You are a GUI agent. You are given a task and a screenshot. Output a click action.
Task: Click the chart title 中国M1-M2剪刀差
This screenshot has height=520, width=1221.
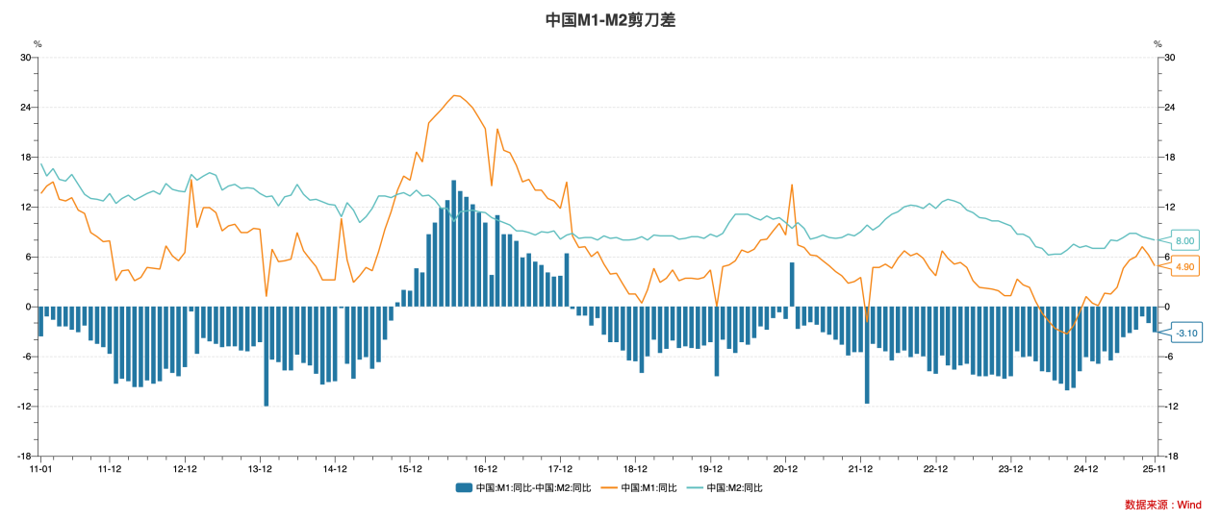click(610, 19)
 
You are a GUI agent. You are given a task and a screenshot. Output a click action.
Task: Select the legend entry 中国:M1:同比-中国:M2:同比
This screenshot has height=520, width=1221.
click(524, 487)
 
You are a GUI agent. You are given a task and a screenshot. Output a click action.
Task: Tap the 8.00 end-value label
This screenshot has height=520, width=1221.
click(1184, 240)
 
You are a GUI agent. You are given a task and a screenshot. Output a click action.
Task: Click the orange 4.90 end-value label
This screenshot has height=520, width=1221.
click(1184, 266)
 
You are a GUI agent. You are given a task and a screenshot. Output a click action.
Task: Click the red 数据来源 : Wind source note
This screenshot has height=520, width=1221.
click(1162, 505)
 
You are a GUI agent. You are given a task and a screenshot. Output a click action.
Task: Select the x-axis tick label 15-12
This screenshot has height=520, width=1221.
click(411, 469)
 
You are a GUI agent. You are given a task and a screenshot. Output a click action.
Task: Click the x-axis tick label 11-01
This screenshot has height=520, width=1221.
click(40, 469)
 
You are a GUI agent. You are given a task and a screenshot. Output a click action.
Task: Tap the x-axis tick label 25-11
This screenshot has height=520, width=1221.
click(1155, 469)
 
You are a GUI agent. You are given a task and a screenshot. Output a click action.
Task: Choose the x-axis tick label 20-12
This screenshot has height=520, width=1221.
click(785, 469)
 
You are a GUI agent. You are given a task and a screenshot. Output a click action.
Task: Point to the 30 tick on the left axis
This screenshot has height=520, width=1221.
click(27, 58)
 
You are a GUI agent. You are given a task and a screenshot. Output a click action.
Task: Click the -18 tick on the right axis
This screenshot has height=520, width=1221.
click(1171, 457)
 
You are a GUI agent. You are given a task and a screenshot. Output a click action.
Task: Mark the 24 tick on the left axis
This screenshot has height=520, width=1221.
click(27, 108)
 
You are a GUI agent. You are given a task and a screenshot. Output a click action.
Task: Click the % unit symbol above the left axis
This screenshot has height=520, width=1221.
click(38, 44)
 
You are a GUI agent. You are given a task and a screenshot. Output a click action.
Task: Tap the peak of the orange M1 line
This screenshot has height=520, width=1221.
click(455, 95)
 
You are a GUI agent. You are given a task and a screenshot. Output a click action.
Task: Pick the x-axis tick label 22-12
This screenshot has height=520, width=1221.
click(935, 469)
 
